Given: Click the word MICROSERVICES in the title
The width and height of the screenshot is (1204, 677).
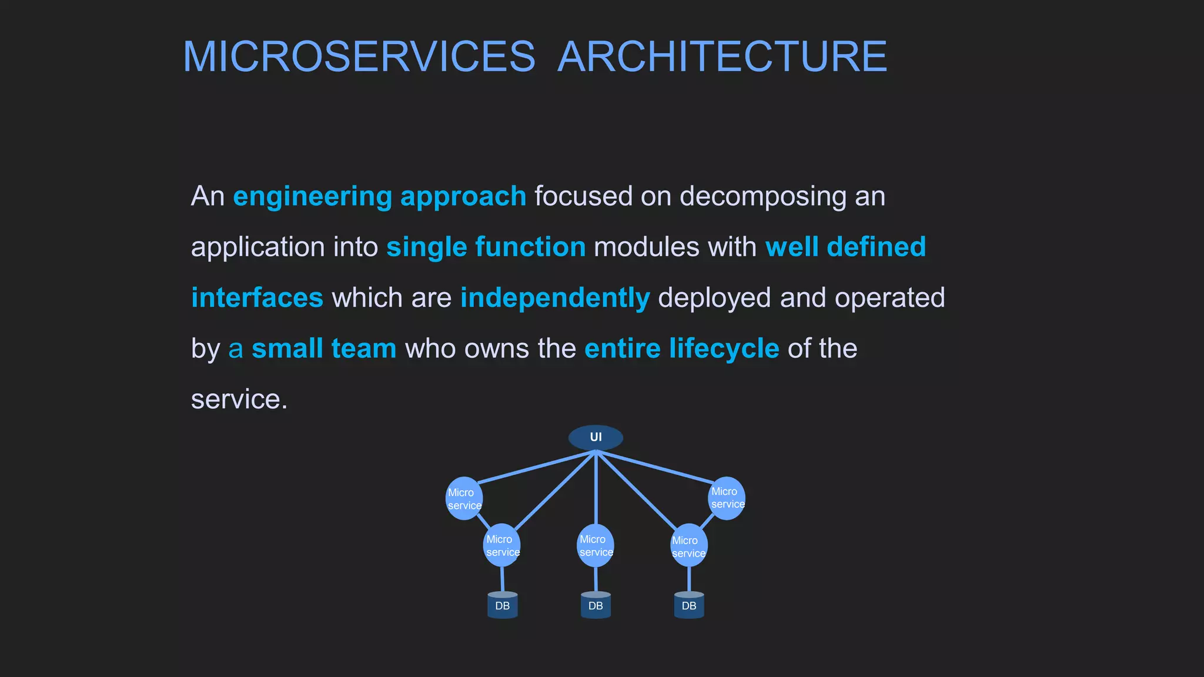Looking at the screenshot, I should click(x=359, y=57).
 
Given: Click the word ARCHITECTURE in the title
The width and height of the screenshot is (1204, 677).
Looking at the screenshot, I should click(x=722, y=57).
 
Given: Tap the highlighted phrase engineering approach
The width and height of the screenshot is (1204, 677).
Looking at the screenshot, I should click(x=379, y=196).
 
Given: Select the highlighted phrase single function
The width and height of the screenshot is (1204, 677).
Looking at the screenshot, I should click(x=486, y=247).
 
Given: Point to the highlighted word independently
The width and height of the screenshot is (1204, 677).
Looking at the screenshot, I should click(x=554, y=298).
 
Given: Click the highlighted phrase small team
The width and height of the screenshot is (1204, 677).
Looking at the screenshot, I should click(x=324, y=348).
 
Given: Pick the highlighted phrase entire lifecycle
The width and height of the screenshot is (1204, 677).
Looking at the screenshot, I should click(x=681, y=348).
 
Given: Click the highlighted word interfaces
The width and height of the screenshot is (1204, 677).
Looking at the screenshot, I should click(x=257, y=298).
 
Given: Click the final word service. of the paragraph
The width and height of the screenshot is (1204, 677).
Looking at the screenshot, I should click(x=239, y=400).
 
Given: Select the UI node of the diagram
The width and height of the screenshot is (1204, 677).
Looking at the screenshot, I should click(x=596, y=437).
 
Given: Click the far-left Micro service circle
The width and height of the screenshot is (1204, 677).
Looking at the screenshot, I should click(x=464, y=498).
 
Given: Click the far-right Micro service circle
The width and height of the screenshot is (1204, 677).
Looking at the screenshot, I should click(x=727, y=498).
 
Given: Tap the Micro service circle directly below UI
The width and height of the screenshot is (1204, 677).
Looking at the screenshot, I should click(x=596, y=545).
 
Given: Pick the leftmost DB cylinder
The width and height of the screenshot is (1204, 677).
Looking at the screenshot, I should click(x=503, y=605).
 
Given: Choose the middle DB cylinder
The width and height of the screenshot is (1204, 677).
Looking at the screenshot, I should click(x=596, y=605).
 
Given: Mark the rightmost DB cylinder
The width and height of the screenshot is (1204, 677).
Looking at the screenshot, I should click(x=689, y=605).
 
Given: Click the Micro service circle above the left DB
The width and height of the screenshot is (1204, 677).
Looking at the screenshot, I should click(x=501, y=545).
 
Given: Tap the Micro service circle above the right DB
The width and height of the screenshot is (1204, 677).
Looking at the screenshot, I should click(x=688, y=546).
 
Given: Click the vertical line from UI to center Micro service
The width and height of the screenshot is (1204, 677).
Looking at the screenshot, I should click(x=596, y=488).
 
